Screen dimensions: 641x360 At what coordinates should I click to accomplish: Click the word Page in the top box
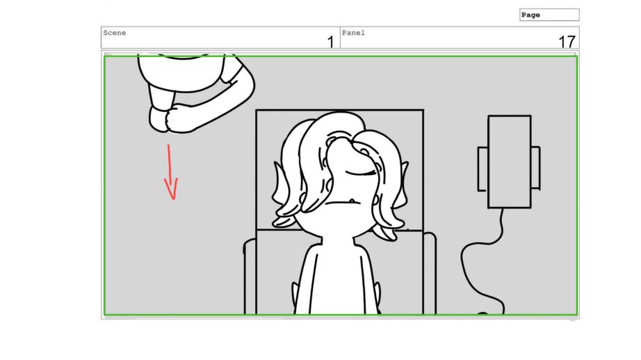point(530,15)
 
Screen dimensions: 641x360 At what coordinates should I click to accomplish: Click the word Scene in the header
point(115,33)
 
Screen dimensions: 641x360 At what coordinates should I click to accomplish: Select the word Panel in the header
point(353,33)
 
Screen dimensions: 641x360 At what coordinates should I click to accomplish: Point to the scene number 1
point(331,42)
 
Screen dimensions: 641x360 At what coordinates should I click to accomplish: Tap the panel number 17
point(567,42)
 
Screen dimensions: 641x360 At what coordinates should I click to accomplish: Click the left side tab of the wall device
point(482,169)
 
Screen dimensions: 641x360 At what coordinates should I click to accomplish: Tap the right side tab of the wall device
point(535,168)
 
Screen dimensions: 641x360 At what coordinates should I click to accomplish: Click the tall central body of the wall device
point(510,162)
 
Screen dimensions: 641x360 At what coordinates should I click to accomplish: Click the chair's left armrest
point(250,276)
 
